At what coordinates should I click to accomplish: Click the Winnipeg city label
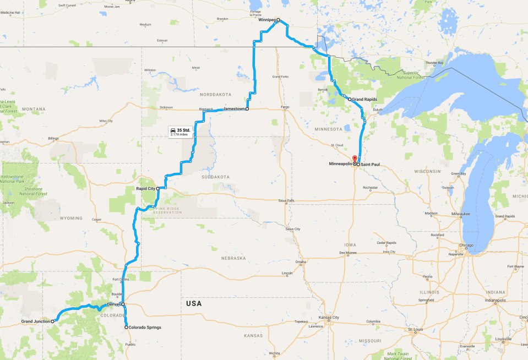(267, 20)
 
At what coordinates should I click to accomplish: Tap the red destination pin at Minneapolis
(355, 160)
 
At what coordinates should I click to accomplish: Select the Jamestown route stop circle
(247, 109)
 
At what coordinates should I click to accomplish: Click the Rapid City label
(146, 188)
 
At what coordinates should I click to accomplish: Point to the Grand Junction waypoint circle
(53, 320)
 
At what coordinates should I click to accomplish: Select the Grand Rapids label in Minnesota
(364, 99)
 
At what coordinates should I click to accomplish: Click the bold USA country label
(194, 303)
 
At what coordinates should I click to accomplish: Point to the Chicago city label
(467, 246)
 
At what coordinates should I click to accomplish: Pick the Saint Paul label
(371, 165)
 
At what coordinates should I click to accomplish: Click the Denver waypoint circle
(123, 304)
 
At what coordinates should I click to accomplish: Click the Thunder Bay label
(434, 63)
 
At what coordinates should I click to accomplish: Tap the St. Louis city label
(415, 329)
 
